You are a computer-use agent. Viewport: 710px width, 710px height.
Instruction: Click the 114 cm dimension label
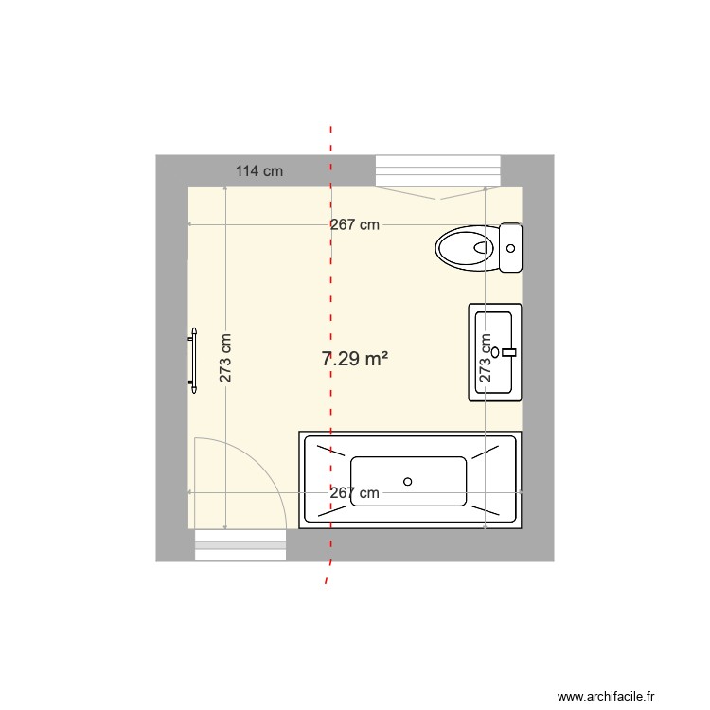coord(259,171)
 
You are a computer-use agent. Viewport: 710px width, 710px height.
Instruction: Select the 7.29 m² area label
coord(356,359)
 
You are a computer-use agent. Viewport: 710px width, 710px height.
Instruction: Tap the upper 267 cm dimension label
coord(355,225)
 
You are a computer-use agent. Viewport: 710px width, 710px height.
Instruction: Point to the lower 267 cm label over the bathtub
coord(354,493)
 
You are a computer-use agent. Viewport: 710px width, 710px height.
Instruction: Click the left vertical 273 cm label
coord(225,358)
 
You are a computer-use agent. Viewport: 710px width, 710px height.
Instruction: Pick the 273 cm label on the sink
coord(486,358)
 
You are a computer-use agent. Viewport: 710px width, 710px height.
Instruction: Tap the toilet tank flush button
coord(511,249)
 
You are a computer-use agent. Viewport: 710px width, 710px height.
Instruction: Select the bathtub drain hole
coord(408,481)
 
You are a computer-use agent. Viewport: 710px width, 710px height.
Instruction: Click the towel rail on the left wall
coord(193,360)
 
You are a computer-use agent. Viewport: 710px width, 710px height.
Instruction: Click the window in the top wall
coord(436,171)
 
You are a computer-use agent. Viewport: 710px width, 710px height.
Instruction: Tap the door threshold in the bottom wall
coord(240,545)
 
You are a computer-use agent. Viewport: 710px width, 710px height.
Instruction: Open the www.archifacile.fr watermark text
coord(606,696)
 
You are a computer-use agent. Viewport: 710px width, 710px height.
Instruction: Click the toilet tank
coord(511,249)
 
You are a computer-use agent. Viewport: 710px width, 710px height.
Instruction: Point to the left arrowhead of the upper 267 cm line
coord(190,225)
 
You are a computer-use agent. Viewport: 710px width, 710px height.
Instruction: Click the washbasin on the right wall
coord(495,352)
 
